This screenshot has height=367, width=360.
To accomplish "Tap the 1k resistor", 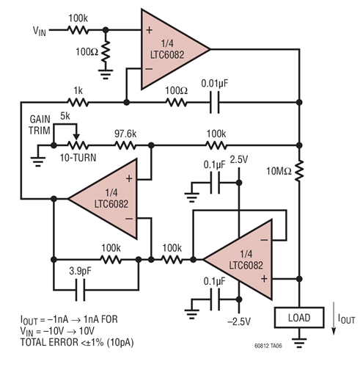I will (78, 101).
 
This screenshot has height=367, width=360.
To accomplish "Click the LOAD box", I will (299, 318).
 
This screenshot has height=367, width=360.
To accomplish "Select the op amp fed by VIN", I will (174, 49).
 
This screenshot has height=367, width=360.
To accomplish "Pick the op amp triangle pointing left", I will (105, 199).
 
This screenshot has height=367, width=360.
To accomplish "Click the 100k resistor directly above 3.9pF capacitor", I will (111, 258).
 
